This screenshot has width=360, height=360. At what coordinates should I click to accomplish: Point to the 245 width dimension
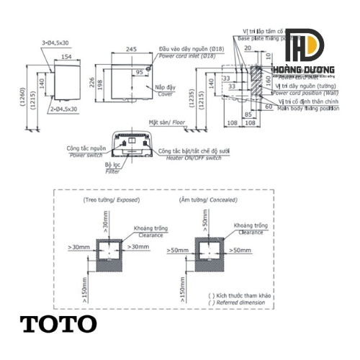pos(130,49)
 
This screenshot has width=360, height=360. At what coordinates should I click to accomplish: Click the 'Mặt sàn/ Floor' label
pos(167,123)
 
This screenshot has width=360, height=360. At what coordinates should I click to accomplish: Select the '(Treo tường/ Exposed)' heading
pos(112,198)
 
